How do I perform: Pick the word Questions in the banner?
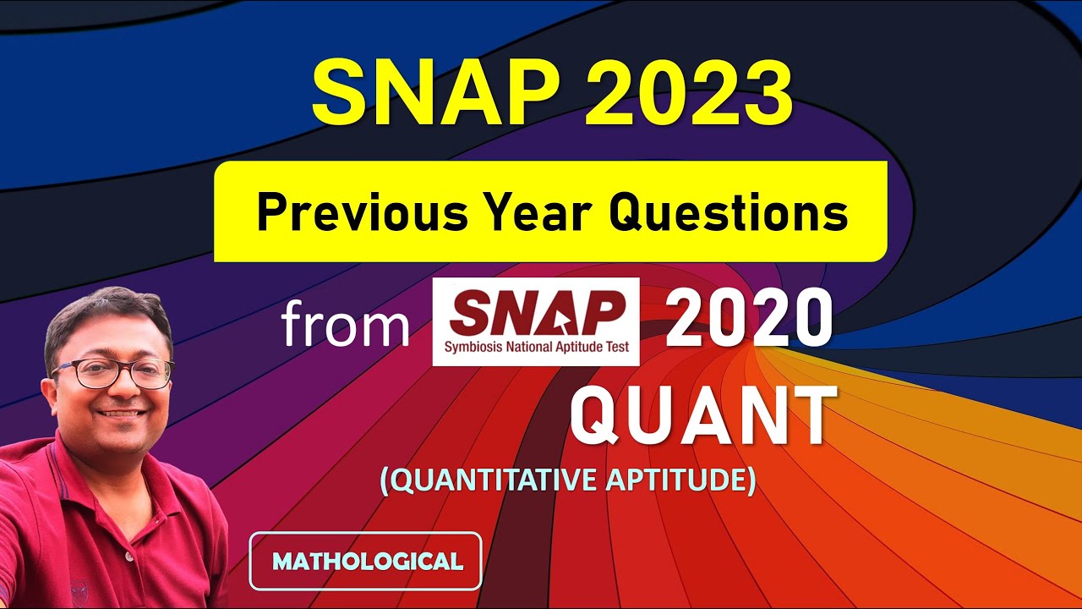coord(729,212)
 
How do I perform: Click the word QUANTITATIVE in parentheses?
coord(490,480)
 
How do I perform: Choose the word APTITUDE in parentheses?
coord(680,480)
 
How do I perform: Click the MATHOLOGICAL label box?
coord(365,560)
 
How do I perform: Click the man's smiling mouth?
coord(123,414)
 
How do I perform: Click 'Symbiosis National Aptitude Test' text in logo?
coord(536,347)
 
